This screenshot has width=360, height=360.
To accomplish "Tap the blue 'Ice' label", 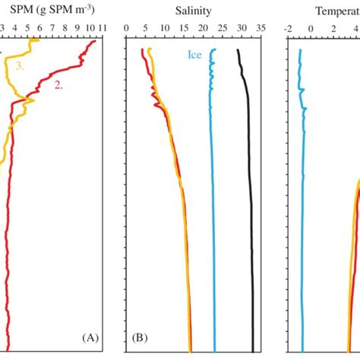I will pyautogui.click(x=195, y=55).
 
